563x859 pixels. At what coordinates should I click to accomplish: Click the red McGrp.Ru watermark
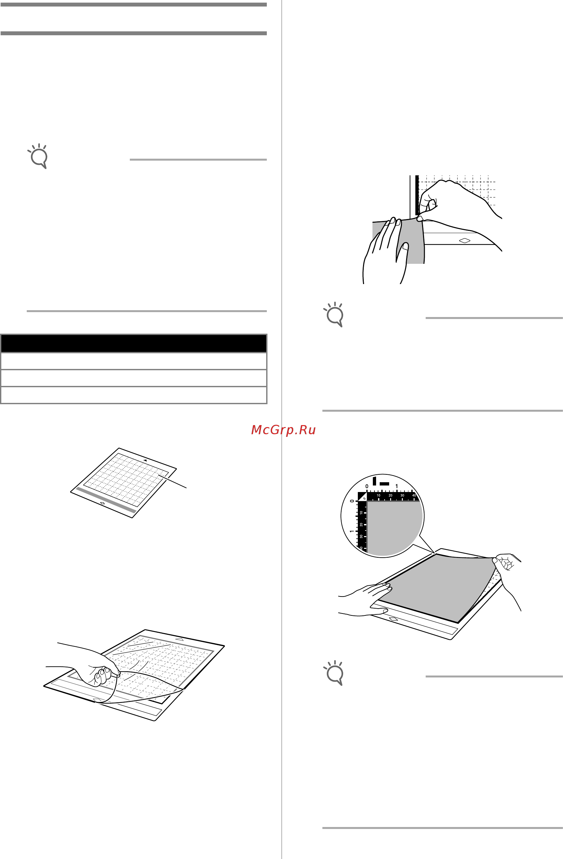(283, 430)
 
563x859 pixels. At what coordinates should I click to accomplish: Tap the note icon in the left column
(38, 156)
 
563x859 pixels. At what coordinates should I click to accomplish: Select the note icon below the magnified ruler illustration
(334, 673)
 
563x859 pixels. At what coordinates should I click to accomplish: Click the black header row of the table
(133, 343)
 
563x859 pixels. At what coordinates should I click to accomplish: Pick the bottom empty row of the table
(133, 395)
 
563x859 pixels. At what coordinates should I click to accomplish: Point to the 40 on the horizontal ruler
(414, 496)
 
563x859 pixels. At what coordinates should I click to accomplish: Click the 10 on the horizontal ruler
(378, 496)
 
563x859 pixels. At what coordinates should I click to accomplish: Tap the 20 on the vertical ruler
(361, 525)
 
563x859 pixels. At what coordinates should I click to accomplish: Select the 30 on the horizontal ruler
(402, 496)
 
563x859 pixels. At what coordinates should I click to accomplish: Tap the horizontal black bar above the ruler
(384, 484)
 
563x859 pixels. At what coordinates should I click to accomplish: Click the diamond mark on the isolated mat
(102, 503)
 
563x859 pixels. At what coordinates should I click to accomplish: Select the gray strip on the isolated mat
(106, 500)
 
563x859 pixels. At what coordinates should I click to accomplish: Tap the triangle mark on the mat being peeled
(180, 639)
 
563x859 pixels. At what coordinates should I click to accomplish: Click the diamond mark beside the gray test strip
(464, 240)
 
